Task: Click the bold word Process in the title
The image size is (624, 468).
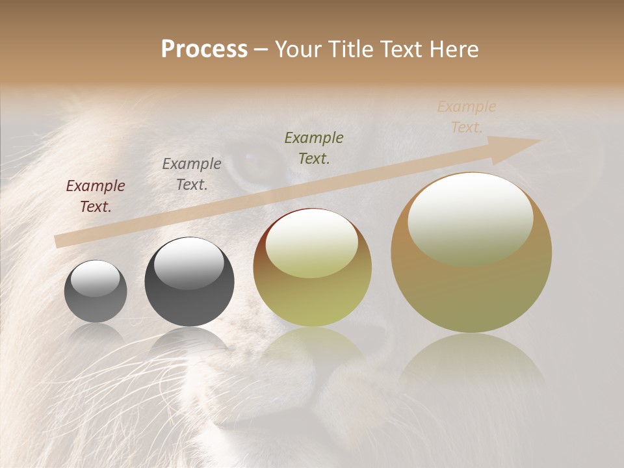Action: [204, 49]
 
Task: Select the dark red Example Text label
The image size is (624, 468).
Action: [96, 196]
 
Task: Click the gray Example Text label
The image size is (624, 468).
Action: [192, 174]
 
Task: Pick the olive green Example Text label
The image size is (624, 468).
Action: [314, 148]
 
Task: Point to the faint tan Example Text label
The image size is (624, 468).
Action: [466, 117]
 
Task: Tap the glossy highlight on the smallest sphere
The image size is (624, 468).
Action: [96, 278]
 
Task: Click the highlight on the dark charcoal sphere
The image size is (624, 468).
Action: [188, 263]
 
